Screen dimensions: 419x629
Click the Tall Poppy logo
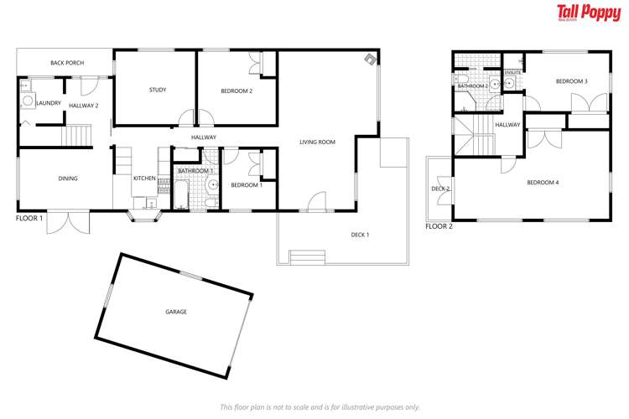(589, 13)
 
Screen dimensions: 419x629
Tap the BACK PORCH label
(63, 63)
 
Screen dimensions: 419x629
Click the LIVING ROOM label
(317, 142)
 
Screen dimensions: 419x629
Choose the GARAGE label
(175, 312)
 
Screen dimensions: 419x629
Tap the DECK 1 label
(360, 235)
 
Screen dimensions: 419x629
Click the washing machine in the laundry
(27, 101)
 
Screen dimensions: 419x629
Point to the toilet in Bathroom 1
(213, 159)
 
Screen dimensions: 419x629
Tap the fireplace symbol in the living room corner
(369, 60)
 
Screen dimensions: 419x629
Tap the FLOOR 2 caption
(439, 226)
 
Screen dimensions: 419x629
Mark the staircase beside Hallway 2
(78, 136)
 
